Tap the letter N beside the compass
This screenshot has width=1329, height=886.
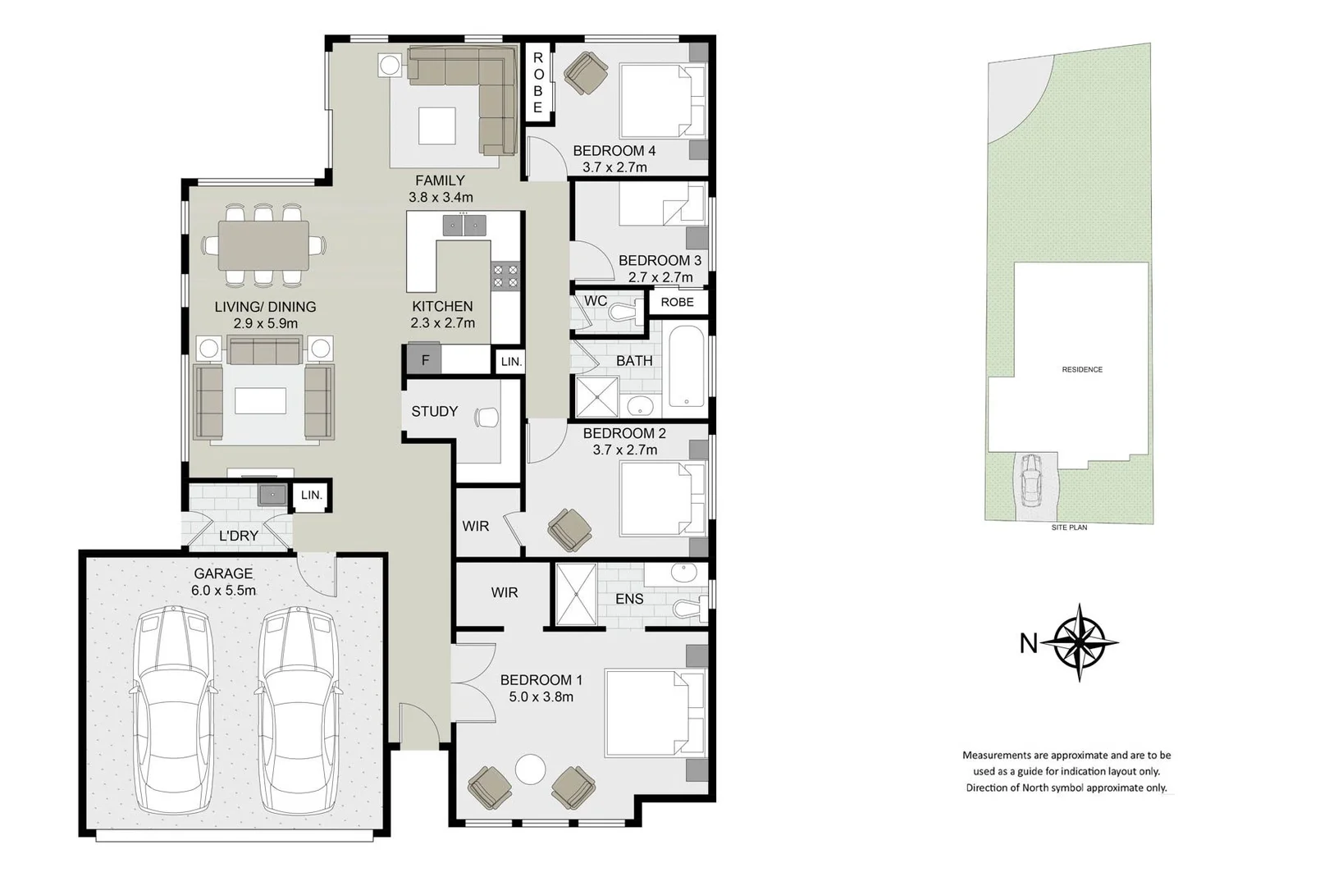pos(1028,643)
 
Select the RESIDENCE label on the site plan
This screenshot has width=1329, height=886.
pos(1082,369)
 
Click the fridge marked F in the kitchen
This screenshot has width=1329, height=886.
pos(425,360)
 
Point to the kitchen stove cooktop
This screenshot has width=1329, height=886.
pos(505,276)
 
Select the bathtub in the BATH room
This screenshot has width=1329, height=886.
pos(687,367)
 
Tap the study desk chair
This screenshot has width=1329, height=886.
pos(486,418)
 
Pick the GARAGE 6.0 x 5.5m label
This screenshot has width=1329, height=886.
pos(223,582)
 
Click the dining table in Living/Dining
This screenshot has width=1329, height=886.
pos(263,245)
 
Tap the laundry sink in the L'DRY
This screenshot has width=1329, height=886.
pos(272,495)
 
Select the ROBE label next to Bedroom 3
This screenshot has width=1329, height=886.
pos(677,302)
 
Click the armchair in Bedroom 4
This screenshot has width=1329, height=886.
pos(586,72)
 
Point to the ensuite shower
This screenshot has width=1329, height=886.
pos(576,595)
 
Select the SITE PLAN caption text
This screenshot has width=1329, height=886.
pos(1069,527)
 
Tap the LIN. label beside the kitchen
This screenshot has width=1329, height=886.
pos(511,361)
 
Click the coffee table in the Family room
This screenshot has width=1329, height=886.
pos(436,126)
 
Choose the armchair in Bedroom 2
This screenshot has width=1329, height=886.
pos(569,529)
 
